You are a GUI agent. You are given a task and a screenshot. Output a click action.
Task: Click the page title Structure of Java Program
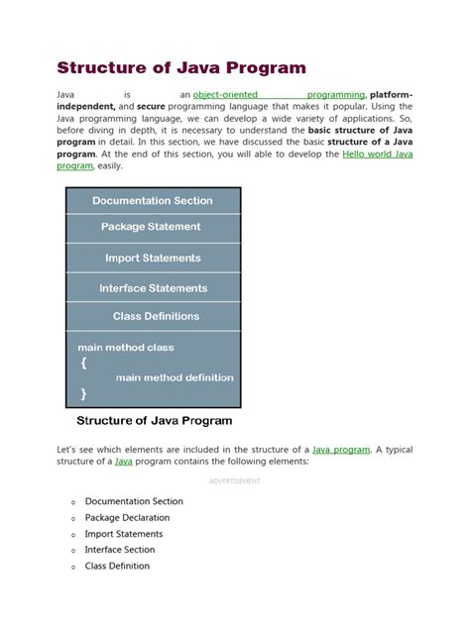coord(180,68)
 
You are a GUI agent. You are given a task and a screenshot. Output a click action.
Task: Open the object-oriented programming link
coord(279,95)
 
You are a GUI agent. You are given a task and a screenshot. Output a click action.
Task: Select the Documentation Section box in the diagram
coord(153,201)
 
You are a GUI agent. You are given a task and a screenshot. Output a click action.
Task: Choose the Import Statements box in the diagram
coord(153,258)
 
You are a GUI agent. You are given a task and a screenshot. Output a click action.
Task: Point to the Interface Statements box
coord(153,288)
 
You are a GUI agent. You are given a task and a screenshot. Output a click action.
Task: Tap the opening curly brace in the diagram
coord(82,363)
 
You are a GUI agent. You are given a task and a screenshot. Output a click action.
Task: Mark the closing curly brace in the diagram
coord(82,393)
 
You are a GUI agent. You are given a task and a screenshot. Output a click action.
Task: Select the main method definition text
coord(175,377)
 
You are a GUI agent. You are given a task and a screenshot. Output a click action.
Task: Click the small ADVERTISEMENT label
coord(234,480)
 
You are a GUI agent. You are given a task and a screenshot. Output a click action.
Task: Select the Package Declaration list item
coord(127,517)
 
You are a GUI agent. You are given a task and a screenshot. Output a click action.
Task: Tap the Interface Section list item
coord(120,550)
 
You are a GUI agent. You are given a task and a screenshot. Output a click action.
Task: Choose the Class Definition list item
coord(117,566)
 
